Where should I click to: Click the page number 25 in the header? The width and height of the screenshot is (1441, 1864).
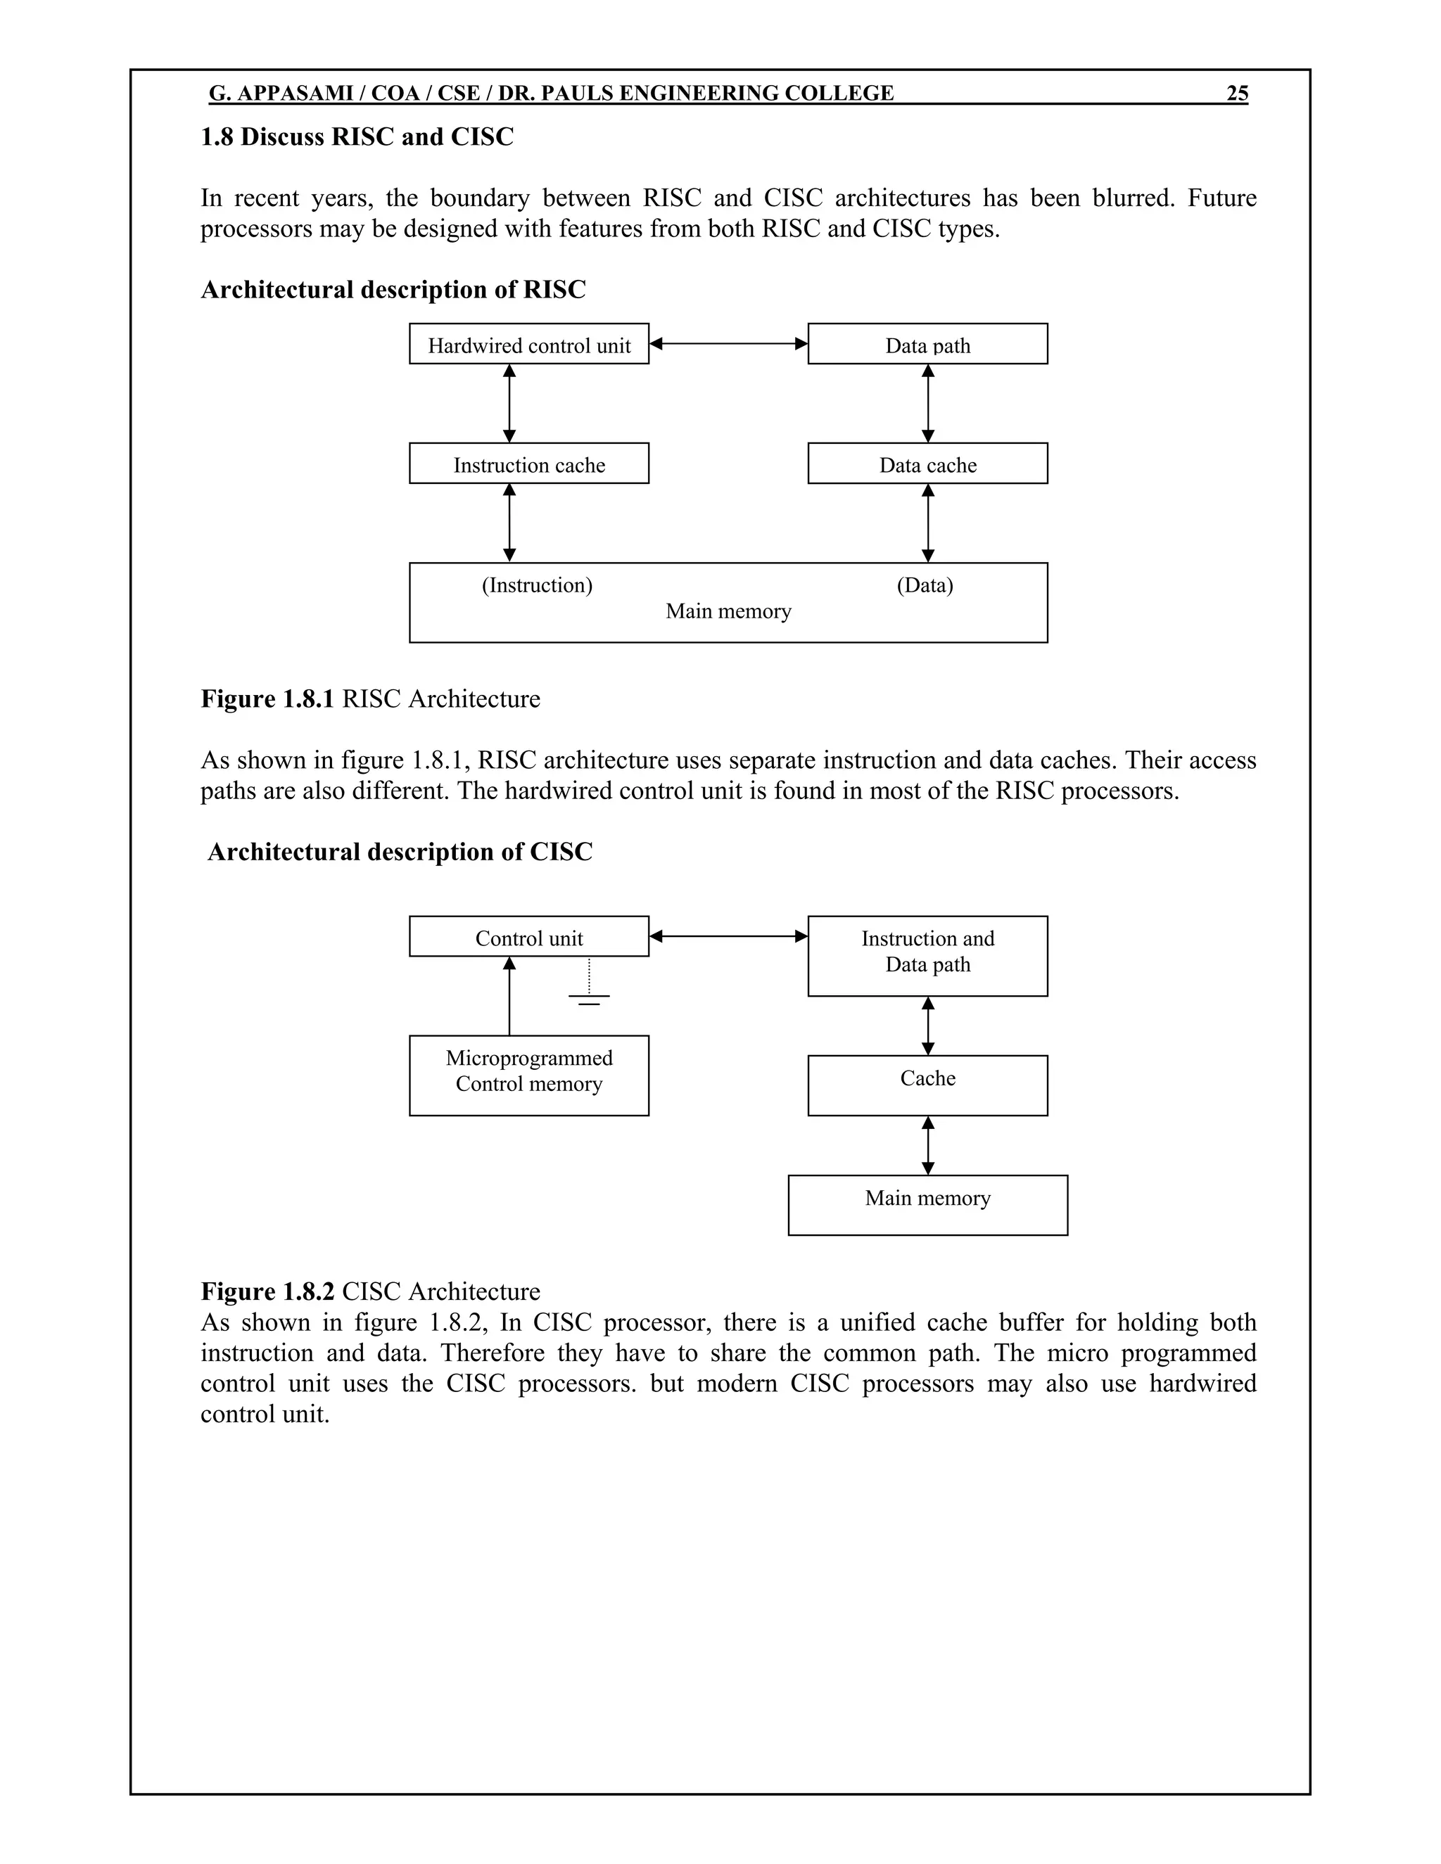1237,93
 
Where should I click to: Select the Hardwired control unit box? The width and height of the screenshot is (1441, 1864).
528,344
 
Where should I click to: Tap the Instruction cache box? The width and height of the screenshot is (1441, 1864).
528,464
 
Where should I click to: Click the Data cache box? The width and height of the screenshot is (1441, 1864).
927,464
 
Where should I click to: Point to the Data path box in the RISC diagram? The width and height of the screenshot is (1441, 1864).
927,344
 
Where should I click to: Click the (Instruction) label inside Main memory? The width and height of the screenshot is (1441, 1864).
537,585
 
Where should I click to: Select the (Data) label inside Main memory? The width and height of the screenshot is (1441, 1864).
925,585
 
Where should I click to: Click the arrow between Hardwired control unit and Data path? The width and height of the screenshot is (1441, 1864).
728,344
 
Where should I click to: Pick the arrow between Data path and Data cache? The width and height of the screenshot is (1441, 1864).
928,403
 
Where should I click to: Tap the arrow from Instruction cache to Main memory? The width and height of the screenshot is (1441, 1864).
509,523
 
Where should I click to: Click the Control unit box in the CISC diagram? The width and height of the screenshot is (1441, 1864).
528,936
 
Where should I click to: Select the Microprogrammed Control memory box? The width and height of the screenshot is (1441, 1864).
528,1075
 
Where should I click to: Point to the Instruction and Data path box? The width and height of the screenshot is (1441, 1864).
927,955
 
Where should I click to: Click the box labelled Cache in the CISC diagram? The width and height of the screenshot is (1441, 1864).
927,1085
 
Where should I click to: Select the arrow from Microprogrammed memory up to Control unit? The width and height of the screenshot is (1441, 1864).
509,995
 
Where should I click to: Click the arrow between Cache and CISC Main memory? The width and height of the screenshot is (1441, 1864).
928,1145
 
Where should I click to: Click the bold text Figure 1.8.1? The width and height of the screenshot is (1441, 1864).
267,699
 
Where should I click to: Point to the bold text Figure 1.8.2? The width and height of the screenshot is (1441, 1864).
267,1291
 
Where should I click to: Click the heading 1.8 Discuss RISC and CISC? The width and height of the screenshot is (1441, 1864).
357,137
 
